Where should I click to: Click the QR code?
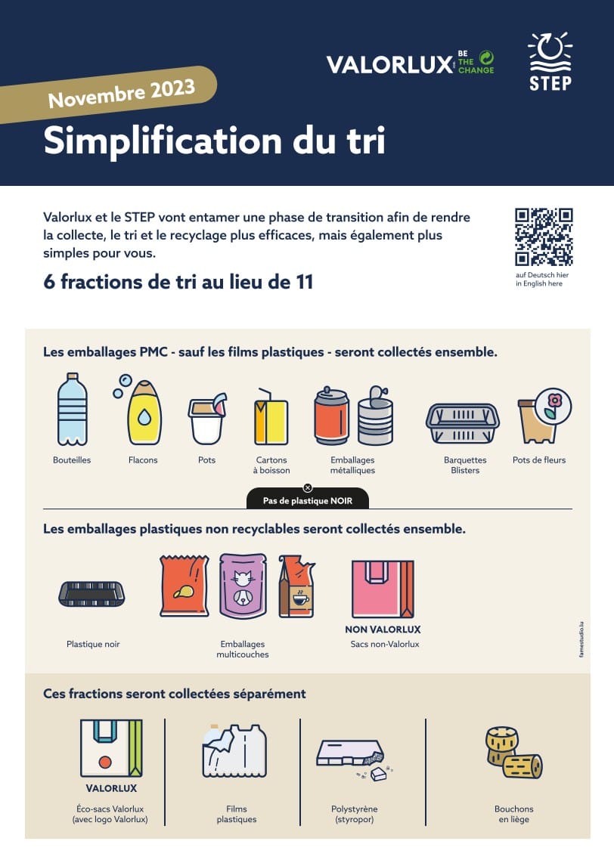(544, 237)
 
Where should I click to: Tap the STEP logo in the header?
(550, 61)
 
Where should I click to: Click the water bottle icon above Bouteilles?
(72, 409)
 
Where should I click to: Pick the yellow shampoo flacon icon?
(144, 413)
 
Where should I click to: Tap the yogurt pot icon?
(207, 418)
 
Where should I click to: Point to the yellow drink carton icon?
(271, 416)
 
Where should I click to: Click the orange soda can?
(331, 416)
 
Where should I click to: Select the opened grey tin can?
(376, 416)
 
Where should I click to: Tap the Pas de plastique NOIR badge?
(308, 500)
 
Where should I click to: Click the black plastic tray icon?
(91, 594)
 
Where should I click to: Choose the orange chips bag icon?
(185, 586)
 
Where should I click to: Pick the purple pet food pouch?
(243, 586)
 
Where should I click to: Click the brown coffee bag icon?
(296, 586)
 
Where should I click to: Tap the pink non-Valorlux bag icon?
(383, 589)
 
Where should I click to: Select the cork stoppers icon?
(513, 753)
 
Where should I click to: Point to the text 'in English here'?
(539, 283)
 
